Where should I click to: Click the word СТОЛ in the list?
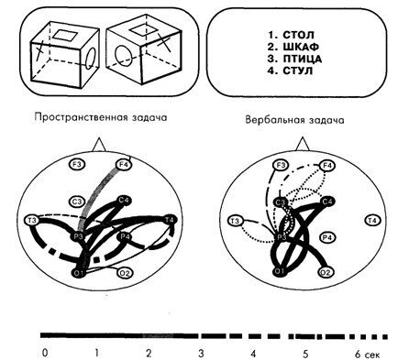point(298,35)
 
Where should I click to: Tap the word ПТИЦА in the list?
point(302,59)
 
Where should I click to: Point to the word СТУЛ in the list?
point(298,71)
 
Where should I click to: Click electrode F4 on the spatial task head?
point(124,165)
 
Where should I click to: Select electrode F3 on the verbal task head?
point(281,166)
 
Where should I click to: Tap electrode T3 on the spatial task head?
point(32,221)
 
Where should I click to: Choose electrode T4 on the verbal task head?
point(372,221)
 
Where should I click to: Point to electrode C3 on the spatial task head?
point(76,202)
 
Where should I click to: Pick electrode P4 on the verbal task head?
point(327,237)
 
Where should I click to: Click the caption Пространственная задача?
point(101,117)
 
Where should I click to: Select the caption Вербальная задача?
point(294,120)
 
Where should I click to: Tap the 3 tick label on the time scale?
point(201,354)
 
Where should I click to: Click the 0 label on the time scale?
point(45,354)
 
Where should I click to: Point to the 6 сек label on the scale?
point(368,355)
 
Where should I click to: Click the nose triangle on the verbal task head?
point(302,144)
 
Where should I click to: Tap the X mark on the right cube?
point(164,42)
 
